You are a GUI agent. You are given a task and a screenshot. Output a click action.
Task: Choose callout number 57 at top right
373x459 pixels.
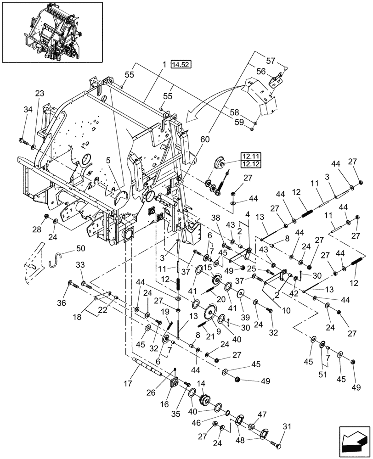[271, 60]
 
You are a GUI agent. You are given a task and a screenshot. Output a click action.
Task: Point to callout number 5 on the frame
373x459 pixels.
[108, 161]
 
